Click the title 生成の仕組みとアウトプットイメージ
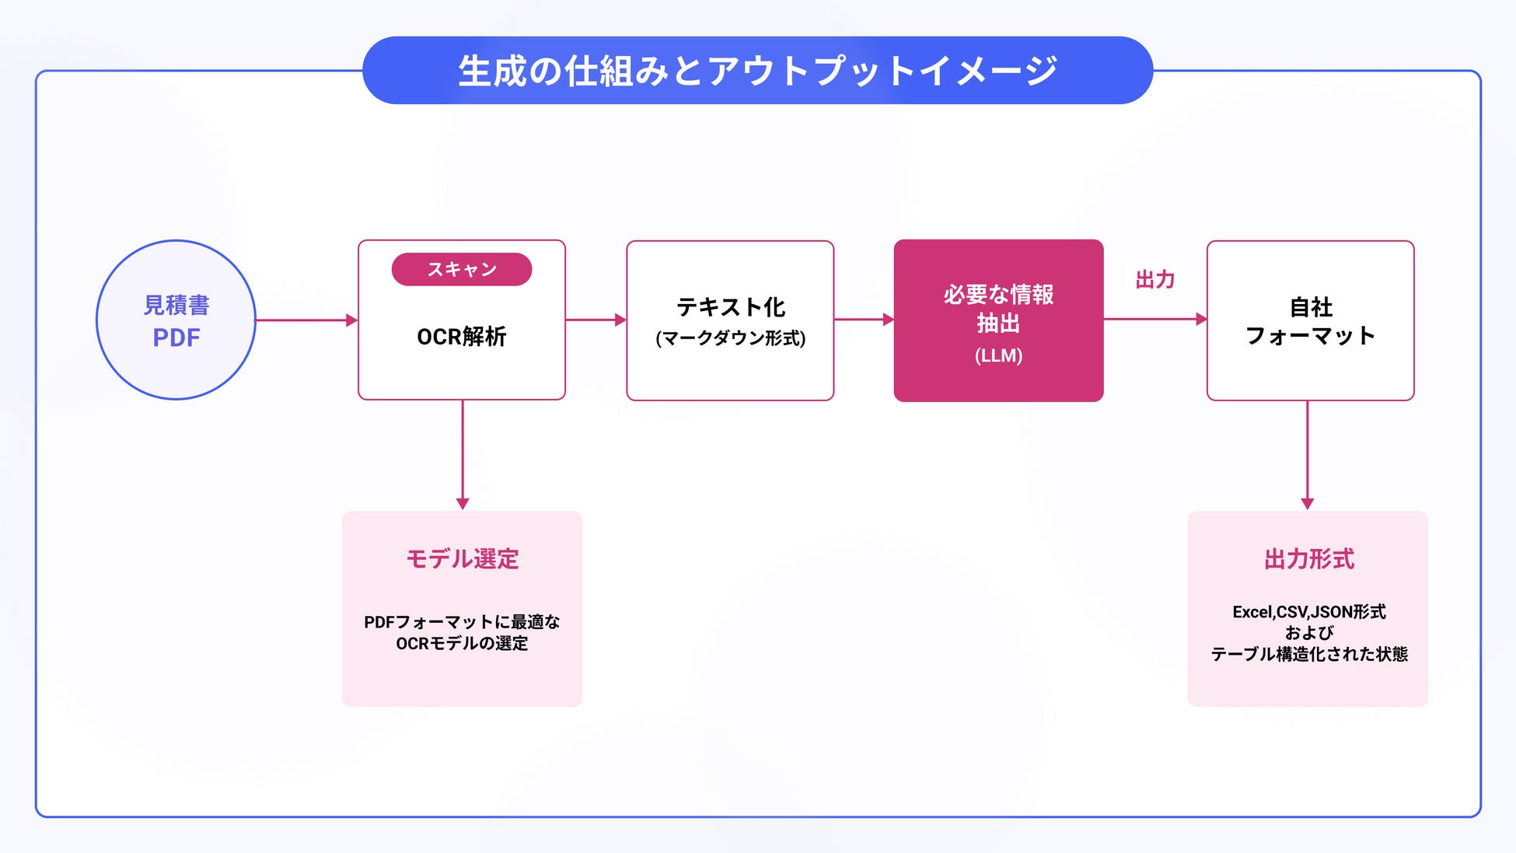pyautogui.click(x=757, y=71)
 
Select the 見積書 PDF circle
pyautogui.click(x=176, y=320)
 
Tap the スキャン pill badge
pyautogui.click(x=462, y=269)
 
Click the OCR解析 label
pyautogui.click(x=462, y=337)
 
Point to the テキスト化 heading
pyautogui.click(x=731, y=307)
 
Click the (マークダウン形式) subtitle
pyautogui.click(x=731, y=338)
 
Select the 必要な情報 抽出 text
pyautogui.click(x=998, y=308)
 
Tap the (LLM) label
pyautogui.click(x=998, y=355)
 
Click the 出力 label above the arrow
pyautogui.click(x=1154, y=279)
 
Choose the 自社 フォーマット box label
pyautogui.click(x=1311, y=321)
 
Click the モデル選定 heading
pyautogui.click(x=462, y=558)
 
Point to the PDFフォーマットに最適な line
pyautogui.click(x=462, y=622)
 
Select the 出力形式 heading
pyautogui.click(x=1309, y=558)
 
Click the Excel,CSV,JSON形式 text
pyautogui.click(x=1309, y=612)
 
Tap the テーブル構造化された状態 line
pyautogui.click(x=1309, y=654)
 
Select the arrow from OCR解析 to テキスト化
pyautogui.click(x=596, y=320)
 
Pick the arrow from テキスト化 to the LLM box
pyautogui.click(x=864, y=320)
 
